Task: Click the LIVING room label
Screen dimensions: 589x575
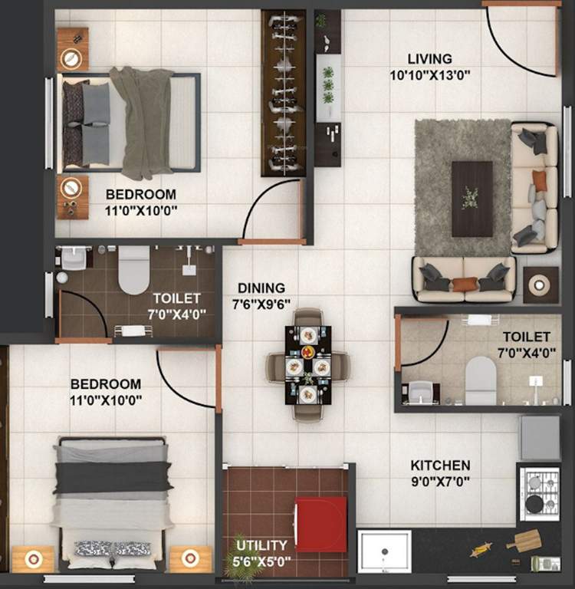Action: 429,59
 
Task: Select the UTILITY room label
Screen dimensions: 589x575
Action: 261,545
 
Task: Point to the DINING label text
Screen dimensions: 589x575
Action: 261,288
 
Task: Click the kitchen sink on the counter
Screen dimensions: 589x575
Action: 384,551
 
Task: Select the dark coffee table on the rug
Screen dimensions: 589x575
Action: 472,199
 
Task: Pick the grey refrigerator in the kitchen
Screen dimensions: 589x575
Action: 539,438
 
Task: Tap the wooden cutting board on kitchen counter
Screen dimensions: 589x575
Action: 524,541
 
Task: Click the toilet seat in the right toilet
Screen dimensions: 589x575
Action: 481,380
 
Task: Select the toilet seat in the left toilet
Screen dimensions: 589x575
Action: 133,269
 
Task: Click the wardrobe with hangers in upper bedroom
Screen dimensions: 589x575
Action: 283,92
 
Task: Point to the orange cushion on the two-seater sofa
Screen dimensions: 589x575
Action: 465,285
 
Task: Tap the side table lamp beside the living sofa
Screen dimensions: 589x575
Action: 540,285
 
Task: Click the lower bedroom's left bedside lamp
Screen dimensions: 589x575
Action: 33,559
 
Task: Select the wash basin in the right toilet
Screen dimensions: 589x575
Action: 421,392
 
